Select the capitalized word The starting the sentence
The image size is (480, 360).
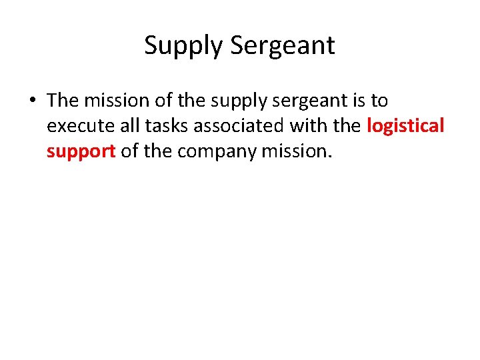point(63,101)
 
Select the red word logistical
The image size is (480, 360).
point(405,126)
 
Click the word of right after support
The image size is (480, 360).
point(130,151)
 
